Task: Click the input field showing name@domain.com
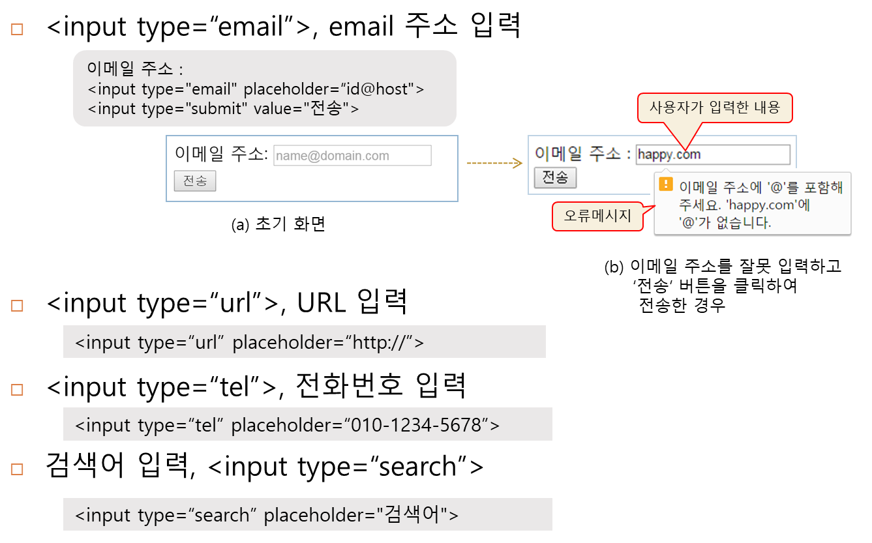352,156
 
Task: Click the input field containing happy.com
713,154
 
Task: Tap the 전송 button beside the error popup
555,177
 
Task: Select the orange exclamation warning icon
665,184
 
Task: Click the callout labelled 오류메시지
597,216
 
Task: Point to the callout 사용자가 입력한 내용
714,108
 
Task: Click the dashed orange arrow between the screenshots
494,163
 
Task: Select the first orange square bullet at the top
18,29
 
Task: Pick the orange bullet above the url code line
18,305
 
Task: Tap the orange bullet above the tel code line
18,390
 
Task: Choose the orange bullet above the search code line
18,469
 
